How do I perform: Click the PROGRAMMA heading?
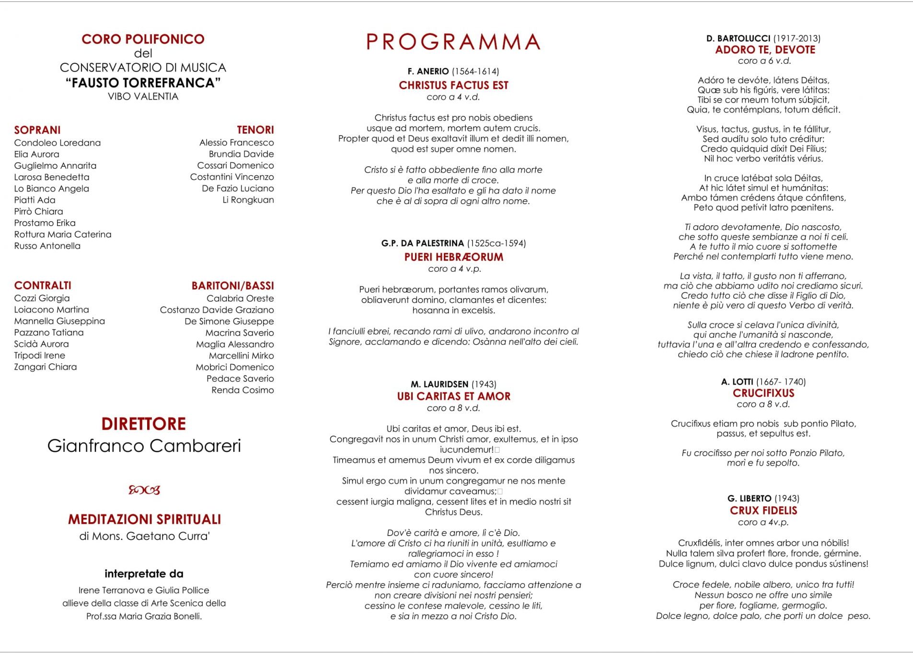(453, 42)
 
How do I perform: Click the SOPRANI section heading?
(37, 130)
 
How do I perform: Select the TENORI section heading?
(255, 130)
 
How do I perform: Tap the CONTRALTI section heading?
(43, 286)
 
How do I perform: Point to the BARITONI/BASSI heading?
(232, 286)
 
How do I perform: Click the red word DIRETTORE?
(143, 424)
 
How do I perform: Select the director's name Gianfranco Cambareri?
(144, 446)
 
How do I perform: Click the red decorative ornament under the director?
(144, 490)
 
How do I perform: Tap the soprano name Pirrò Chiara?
(38, 211)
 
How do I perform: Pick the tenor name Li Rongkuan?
(248, 200)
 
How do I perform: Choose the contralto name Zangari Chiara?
(45, 367)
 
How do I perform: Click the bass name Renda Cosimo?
(243, 390)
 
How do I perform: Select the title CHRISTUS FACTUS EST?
(453, 85)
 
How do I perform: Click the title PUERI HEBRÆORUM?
(453, 257)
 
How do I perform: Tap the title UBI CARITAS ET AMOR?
(453, 396)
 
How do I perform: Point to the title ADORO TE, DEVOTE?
(765, 50)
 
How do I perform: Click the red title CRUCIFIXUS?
(763, 393)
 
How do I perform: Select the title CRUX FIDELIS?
(763, 511)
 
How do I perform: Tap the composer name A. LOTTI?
(737, 382)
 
